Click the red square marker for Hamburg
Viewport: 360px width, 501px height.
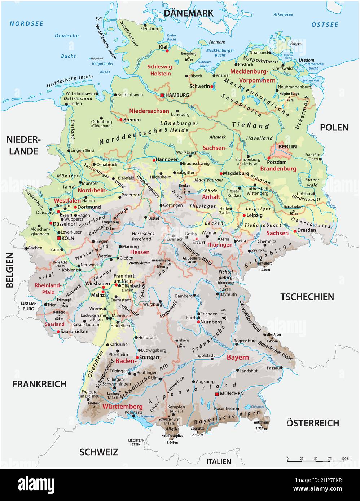[x=162, y=95]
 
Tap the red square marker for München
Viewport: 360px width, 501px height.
[x=217, y=394]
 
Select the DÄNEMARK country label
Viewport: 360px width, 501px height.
[x=188, y=13]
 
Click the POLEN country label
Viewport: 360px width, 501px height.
[x=334, y=127]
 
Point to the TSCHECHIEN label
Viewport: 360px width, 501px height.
[x=307, y=297]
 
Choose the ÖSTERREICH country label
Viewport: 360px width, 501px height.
[x=313, y=423]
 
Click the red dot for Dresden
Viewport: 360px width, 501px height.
[x=295, y=231]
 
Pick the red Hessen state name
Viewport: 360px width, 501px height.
[x=140, y=252]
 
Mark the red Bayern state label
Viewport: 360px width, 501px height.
[x=238, y=358]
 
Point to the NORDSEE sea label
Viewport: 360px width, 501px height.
[x=26, y=24]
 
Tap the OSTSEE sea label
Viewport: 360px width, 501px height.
[x=325, y=25]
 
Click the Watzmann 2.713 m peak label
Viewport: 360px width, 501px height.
[x=261, y=425]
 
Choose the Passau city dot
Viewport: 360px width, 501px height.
[x=280, y=368]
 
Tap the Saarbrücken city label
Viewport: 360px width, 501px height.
[x=75, y=331]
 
